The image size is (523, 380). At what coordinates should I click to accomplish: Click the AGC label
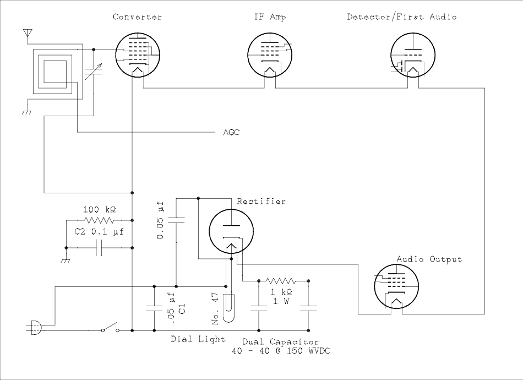coord(231,133)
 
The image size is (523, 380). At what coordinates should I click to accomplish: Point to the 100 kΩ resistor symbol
coord(100,219)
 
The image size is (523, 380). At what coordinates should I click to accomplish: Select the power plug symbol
coord(34,329)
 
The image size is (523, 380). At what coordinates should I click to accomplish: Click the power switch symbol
coord(110,329)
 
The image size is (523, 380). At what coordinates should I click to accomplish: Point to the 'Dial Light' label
coord(197,339)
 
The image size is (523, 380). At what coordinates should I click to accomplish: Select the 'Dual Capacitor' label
coord(280,342)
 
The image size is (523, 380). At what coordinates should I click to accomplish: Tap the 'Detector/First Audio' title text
coord(402,17)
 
